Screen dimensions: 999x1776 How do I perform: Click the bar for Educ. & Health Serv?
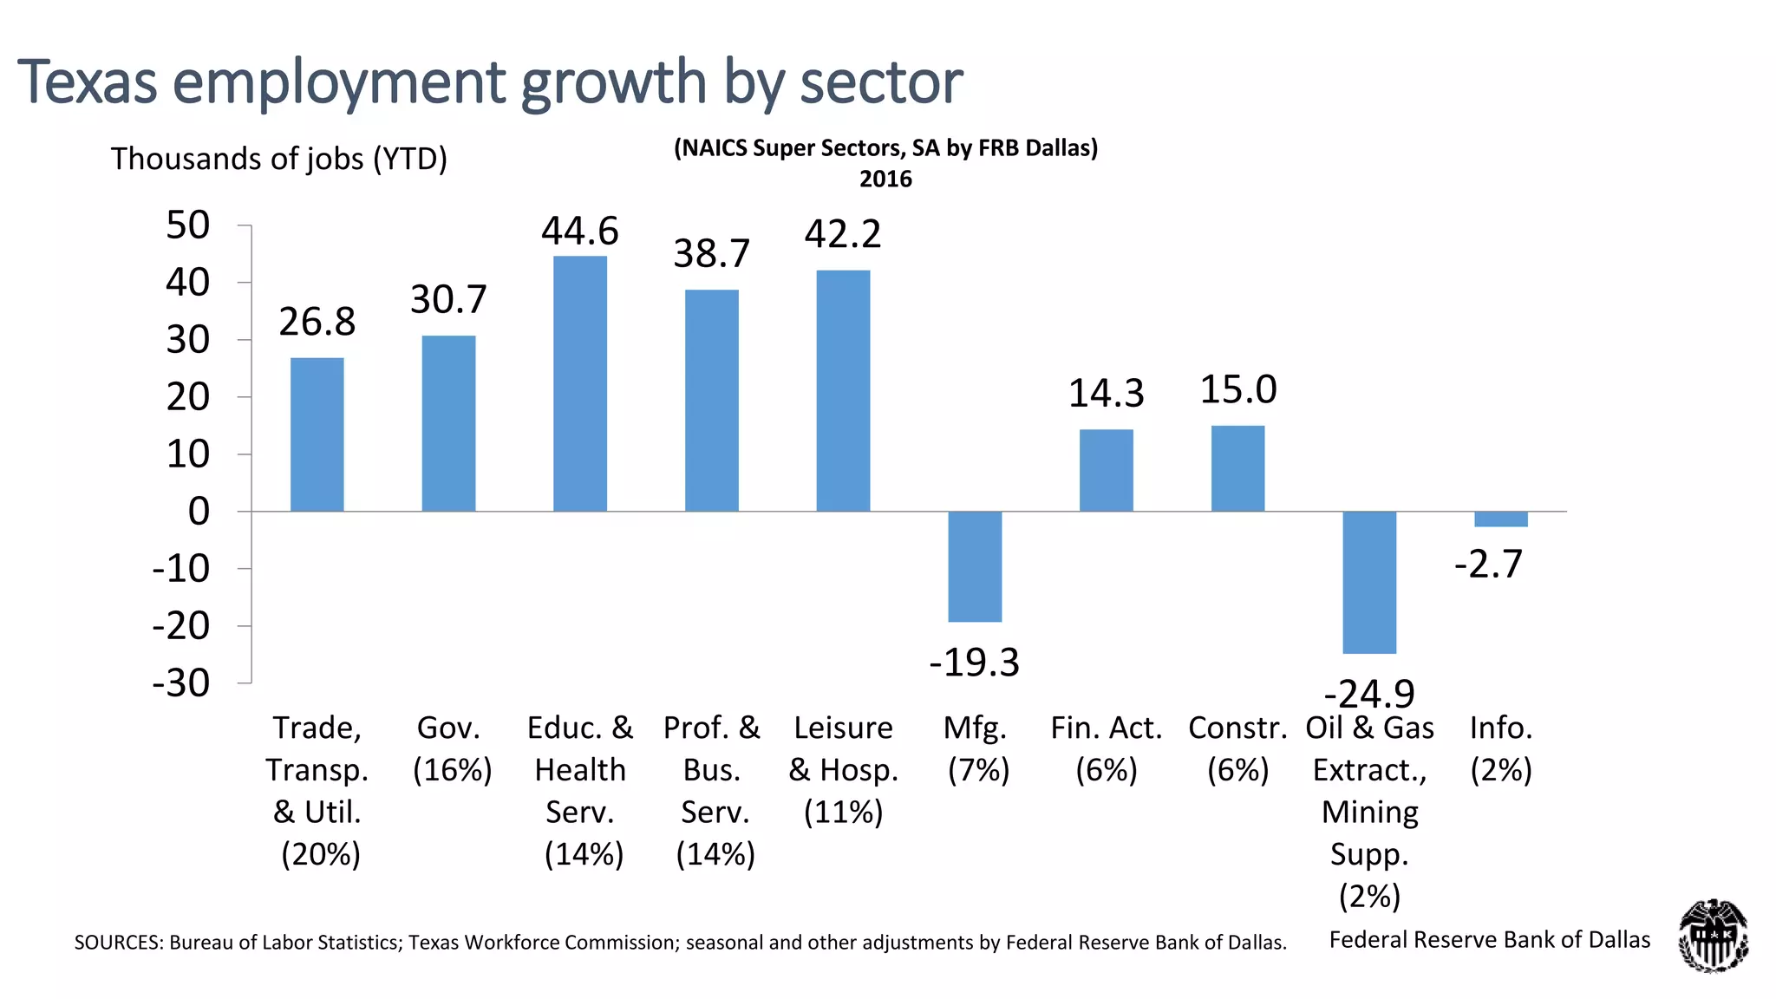click(580, 383)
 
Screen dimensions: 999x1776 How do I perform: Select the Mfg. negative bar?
click(975, 566)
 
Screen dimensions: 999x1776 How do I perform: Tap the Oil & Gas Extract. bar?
click(1369, 582)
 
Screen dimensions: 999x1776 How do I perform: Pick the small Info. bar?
click(1501, 519)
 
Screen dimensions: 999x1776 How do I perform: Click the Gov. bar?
click(448, 423)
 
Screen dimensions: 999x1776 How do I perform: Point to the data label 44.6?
click(580, 231)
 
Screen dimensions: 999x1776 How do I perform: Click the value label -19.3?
click(974, 663)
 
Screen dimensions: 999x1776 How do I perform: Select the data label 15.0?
click(1237, 389)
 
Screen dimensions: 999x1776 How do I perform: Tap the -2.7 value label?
click(1488, 564)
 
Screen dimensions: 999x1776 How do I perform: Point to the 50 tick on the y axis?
click(188, 225)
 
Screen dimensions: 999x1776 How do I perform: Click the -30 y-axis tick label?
click(181, 683)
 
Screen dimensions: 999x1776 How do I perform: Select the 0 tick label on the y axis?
click(199, 512)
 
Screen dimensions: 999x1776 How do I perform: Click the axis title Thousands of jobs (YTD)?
click(278, 159)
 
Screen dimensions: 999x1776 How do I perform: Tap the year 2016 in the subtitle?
click(885, 179)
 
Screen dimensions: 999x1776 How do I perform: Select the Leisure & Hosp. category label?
click(843, 769)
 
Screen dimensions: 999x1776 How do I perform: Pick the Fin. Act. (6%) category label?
click(1106, 748)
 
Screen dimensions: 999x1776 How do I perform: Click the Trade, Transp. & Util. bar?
click(317, 434)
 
